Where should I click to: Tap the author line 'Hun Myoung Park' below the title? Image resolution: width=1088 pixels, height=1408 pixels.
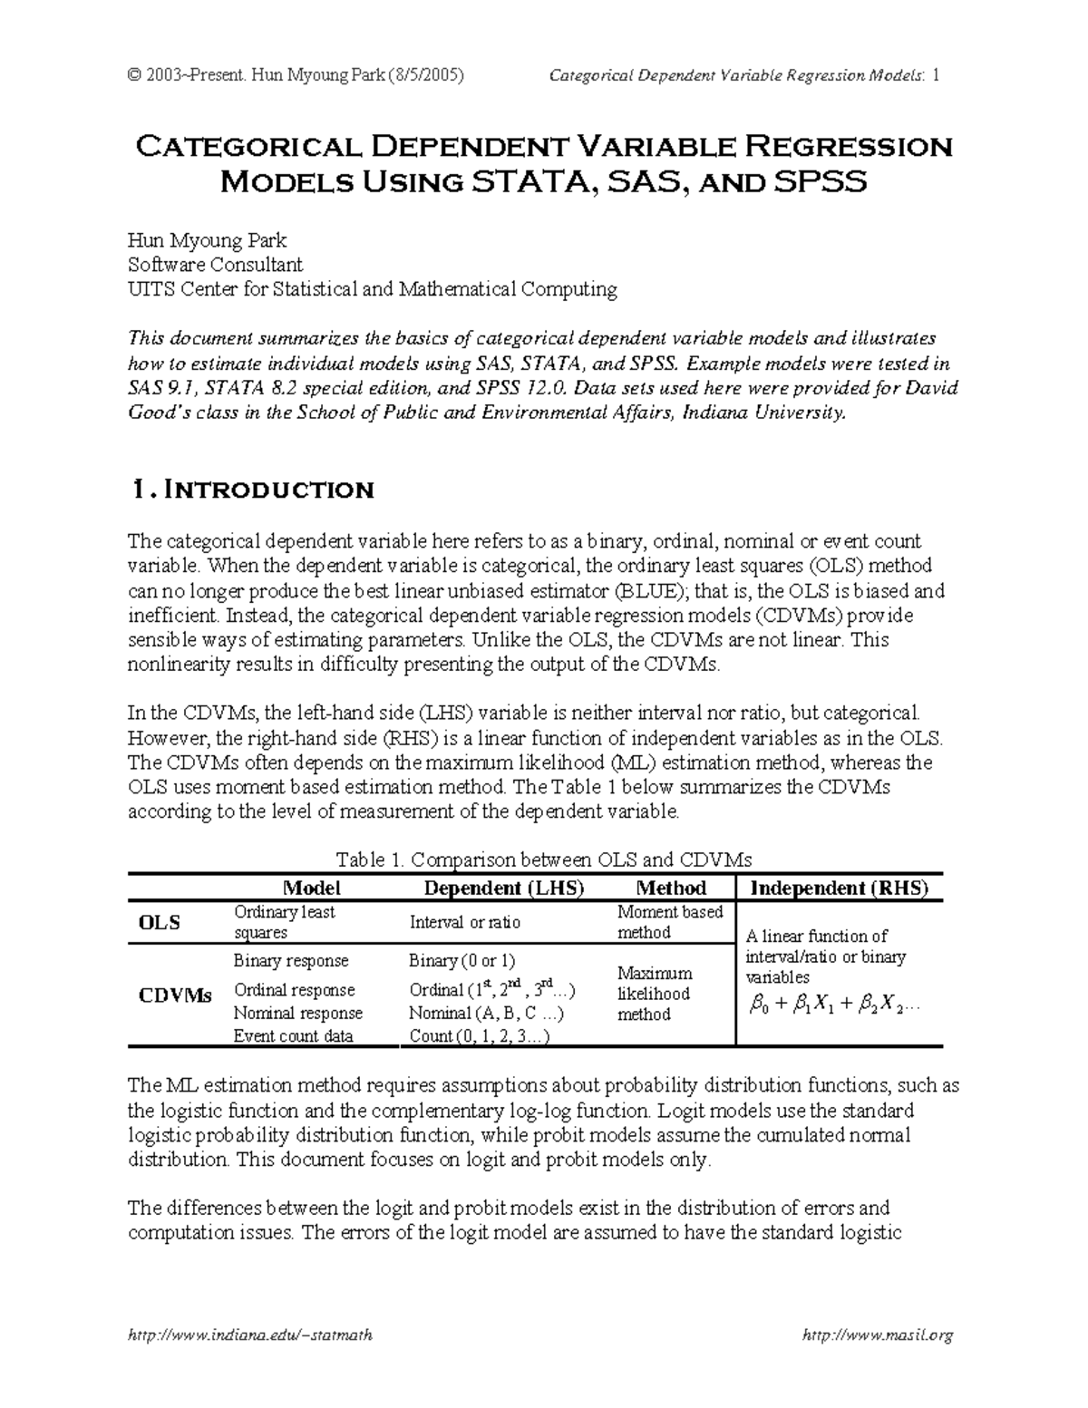(x=208, y=240)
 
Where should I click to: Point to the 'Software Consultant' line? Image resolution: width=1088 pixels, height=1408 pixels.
(x=215, y=265)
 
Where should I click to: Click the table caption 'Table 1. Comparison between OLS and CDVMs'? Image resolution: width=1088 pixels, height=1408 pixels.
(x=544, y=859)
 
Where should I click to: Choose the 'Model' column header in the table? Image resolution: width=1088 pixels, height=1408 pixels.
(x=311, y=888)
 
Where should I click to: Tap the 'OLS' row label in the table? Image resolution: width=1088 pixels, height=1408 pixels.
(x=159, y=922)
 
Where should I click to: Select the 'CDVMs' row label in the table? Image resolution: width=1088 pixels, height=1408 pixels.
(x=175, y=995)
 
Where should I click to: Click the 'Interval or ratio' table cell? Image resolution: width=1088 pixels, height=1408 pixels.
(x=465, y=922)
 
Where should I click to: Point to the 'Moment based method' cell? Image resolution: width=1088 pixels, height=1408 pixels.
(x=669, y=922)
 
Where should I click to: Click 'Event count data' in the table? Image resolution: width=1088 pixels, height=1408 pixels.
(x=293, y=1035)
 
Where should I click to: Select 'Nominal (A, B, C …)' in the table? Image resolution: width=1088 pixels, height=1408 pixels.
(x=487, y=1013)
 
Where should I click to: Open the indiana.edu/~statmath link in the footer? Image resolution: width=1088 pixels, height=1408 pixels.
(x=250, y=1335)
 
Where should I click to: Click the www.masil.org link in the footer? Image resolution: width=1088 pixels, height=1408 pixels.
(x=879, y=1335)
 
